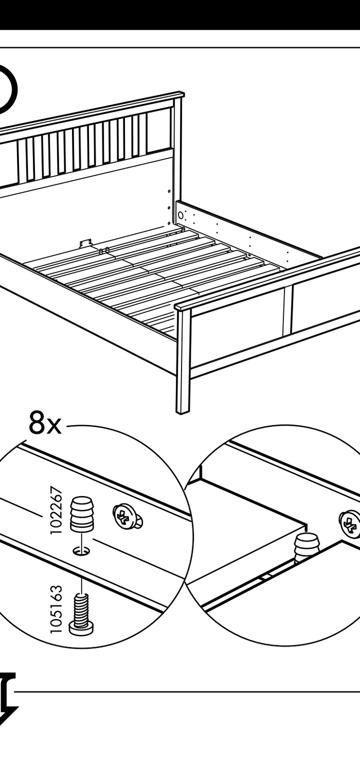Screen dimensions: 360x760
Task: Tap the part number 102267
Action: pos(56,510)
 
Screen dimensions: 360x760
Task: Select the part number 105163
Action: pos(56,609)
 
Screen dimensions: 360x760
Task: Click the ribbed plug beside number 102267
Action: pos(82,514)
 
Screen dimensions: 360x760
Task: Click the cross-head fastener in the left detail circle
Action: pos(127,517)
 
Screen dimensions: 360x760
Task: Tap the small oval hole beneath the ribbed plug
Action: pos(82,551)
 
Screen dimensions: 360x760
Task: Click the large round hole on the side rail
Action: pos(181,215)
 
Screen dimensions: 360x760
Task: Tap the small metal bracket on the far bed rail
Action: pos(85,243)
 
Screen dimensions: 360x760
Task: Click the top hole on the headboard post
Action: pos(169,191)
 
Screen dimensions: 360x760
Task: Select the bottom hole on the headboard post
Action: pos(169,223)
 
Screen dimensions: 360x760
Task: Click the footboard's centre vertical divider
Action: pos(287,309)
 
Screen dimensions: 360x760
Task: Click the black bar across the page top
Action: pos(180,14)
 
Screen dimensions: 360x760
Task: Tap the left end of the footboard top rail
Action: pos(177,307)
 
